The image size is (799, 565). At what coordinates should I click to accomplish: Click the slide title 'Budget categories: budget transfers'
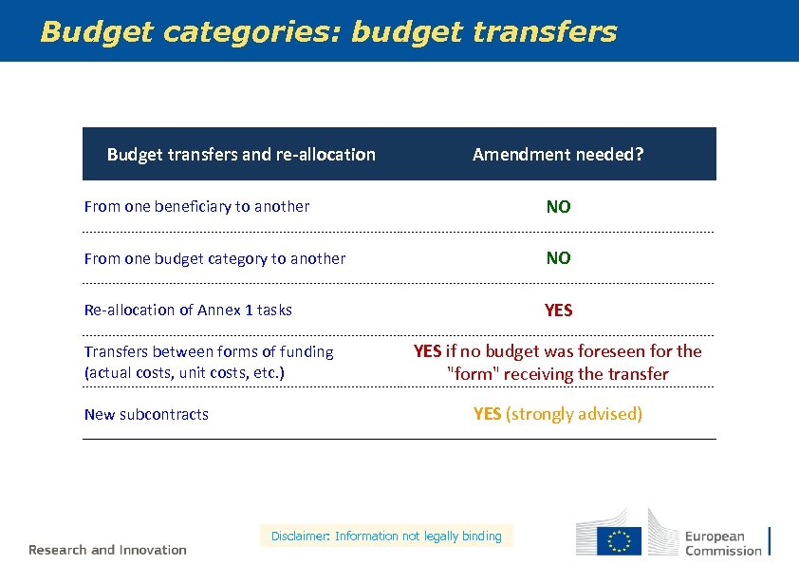[x=328, y=32]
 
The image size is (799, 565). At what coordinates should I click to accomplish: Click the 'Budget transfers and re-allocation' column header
[x=241, y=154]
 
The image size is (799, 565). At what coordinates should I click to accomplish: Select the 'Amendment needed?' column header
[x=558, y=154]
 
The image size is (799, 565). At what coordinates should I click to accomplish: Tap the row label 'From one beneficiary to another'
[x=196, y=206]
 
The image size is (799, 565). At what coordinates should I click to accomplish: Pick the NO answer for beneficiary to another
[x=558, y=206]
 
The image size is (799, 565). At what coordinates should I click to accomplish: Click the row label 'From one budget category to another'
[x=214, y=258]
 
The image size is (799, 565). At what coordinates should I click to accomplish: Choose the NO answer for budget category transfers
[x=558, y=258]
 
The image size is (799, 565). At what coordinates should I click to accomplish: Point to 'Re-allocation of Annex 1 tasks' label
[x=188, y=310]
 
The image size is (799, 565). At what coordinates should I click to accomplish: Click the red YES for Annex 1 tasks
[x=558, y=310]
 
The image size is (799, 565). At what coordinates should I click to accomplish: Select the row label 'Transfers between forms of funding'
[x=209, y=351]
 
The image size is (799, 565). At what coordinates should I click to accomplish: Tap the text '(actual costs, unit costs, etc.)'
[x=184, y=372]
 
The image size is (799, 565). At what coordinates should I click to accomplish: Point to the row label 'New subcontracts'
[x=146, y=414]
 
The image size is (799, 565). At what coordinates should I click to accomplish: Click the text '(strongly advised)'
[x=574, y=414]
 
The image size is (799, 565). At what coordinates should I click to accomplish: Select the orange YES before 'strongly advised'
[x=487, y=414]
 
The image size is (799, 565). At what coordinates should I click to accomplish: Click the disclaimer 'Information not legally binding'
[x=418, y=537]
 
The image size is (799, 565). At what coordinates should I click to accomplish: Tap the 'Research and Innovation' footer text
[x=107, y=550]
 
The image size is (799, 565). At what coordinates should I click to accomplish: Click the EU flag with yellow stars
[x=620, y=540]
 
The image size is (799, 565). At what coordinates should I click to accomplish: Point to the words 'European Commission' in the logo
[x=723, y=543]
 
